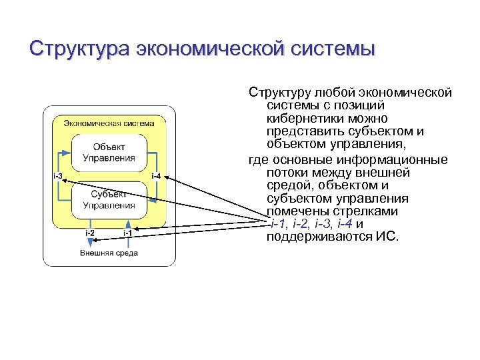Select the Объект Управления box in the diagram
coord(109,153)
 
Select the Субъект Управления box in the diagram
coord(109,199)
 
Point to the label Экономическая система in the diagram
coord(109,123)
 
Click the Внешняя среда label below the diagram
coord(109,253)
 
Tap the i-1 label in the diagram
coord(127,233)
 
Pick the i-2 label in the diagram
coord(89,233)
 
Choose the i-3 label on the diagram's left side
coord(57,176)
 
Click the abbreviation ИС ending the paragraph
coord(385,238)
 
